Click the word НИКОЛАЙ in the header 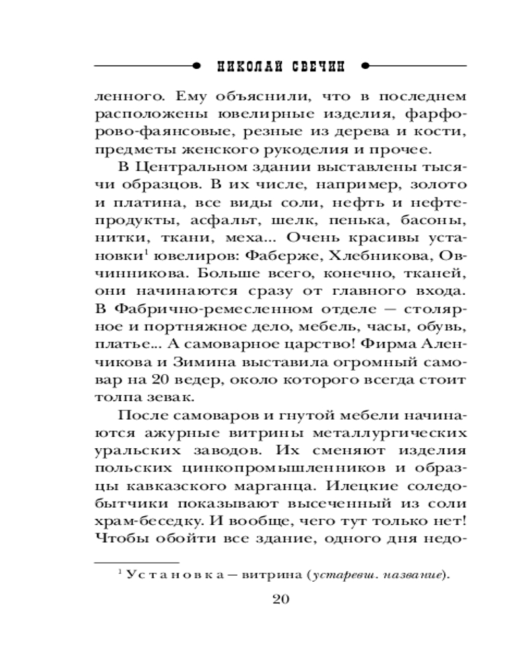[x=248, y=66]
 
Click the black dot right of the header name [x=365, y=66]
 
